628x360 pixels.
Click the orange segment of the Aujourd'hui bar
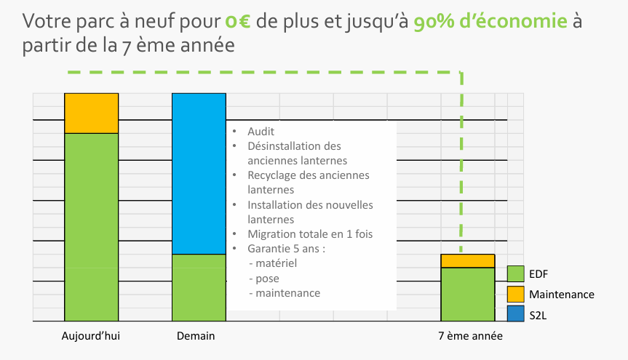pyautogui.click(x=91, y=113)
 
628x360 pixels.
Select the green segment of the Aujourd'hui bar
pyautogui.click(x=91, y=226)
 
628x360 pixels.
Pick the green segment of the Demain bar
pyautogui.click(x=199, y=287)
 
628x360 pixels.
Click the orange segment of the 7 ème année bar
pyautogui.click(x=468, y=261)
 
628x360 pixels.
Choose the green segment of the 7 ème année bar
pyautogui.click(x=468, y=294)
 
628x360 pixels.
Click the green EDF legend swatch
pyautogui.click(x=516, y=274)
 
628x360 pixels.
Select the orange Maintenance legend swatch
pyautogui.click(x=516, y=295)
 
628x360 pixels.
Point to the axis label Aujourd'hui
pyautogui.click(x=91, y=337)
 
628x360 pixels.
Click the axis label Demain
pyautogui.click(x=196, y=337)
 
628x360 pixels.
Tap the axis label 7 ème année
pyautogui.click(x=470, y=337)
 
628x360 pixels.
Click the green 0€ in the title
pyautogui.click(x=238, y=21)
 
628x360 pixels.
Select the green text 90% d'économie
pyautogui.click(x=490, y=21)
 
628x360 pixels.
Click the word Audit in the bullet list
pyautogui.click(x=261, y=132)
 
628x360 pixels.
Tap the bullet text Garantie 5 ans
pyautogui.click(x=285, y=248)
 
